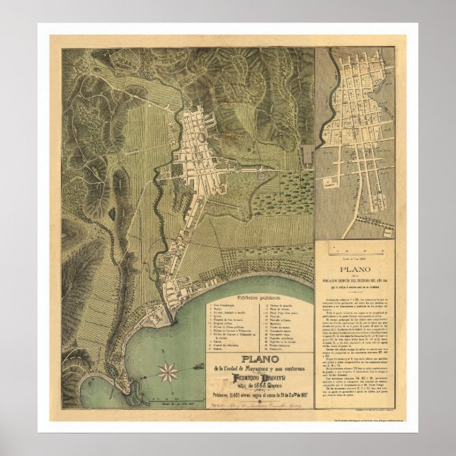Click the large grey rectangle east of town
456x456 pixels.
point(307,154)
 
